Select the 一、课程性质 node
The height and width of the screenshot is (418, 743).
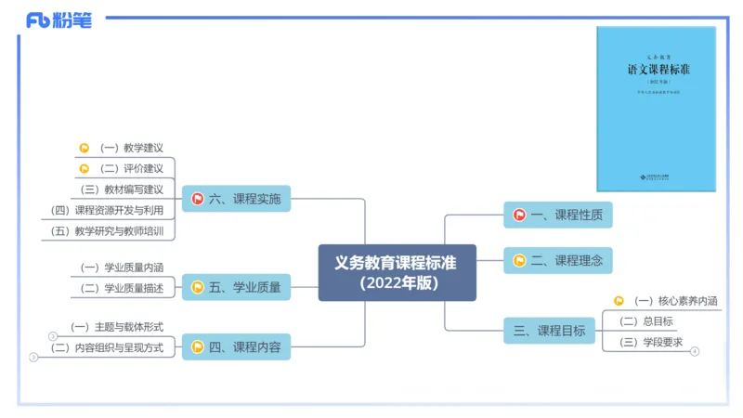point(558,216)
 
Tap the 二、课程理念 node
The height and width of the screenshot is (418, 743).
point(558,261)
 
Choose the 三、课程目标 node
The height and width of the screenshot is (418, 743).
point(550,331)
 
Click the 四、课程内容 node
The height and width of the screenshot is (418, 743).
point(236,347)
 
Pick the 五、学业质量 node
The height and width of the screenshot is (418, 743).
point(236,288)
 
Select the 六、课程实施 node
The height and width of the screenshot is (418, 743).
point(236,199)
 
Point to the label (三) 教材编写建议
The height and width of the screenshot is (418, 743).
point(122,189)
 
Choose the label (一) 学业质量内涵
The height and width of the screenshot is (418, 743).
point(122,268)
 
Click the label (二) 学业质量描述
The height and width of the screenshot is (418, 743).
point(122,288)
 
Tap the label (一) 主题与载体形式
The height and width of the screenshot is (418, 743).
point(117,327)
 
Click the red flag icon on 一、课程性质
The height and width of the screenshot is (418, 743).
point(520,216)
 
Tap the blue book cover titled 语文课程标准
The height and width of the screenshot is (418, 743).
point(656,109)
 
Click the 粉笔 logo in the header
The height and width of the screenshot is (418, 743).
point(59,20)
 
